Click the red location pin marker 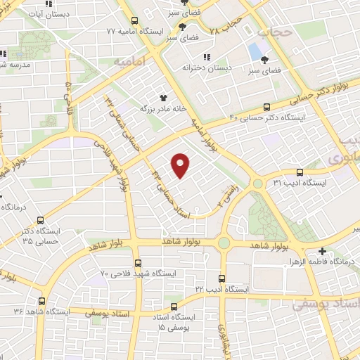181,165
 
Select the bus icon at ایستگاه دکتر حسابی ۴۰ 266,107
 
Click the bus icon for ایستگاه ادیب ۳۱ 300,172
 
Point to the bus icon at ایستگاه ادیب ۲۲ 222,278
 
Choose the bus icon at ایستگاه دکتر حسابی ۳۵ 40,219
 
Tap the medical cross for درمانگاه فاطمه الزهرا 322,251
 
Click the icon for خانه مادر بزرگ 163,98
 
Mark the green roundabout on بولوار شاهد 224,243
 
